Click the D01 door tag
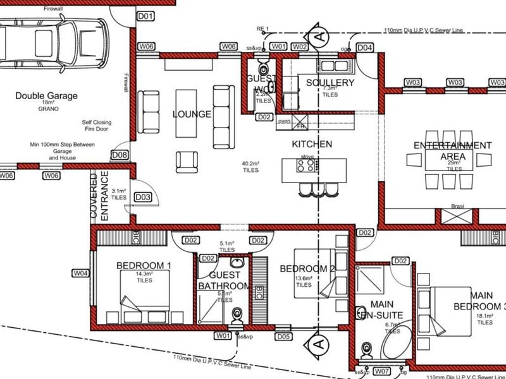146,16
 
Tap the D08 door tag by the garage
120,155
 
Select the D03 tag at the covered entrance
144,198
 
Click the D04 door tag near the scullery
365,47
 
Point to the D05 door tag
284,337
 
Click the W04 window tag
80,274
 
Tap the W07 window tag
381,371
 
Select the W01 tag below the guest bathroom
222,337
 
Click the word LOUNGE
191,114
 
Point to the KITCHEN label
311,144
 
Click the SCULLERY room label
330,83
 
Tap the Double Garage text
47,96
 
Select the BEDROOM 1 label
144,266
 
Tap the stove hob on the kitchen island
307,166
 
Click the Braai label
458,206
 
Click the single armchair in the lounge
187,162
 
